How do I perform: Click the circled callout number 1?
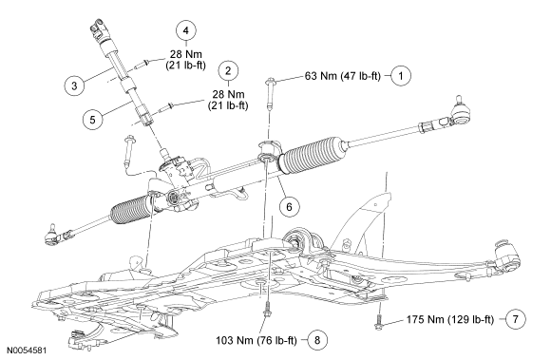coord(401,75)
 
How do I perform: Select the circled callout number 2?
coord(228,71)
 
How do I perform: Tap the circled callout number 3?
coord(74,85)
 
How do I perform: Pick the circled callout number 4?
coord(186,30)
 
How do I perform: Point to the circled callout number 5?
coord(92,120)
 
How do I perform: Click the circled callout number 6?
coord(289,206)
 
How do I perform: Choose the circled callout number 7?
coord(516,319)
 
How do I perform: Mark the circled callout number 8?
coord(317,340)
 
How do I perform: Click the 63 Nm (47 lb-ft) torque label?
coord(343,76)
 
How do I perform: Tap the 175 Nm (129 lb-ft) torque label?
coord(450,319)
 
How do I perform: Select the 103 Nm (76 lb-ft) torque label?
coord(256,340)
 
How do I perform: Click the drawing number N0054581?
coord(27,351)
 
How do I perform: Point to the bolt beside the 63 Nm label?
coord(270,93)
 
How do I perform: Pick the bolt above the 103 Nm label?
coord(267,309)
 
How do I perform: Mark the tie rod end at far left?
coord(52,235)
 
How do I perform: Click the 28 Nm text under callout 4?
coord(186,54)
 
